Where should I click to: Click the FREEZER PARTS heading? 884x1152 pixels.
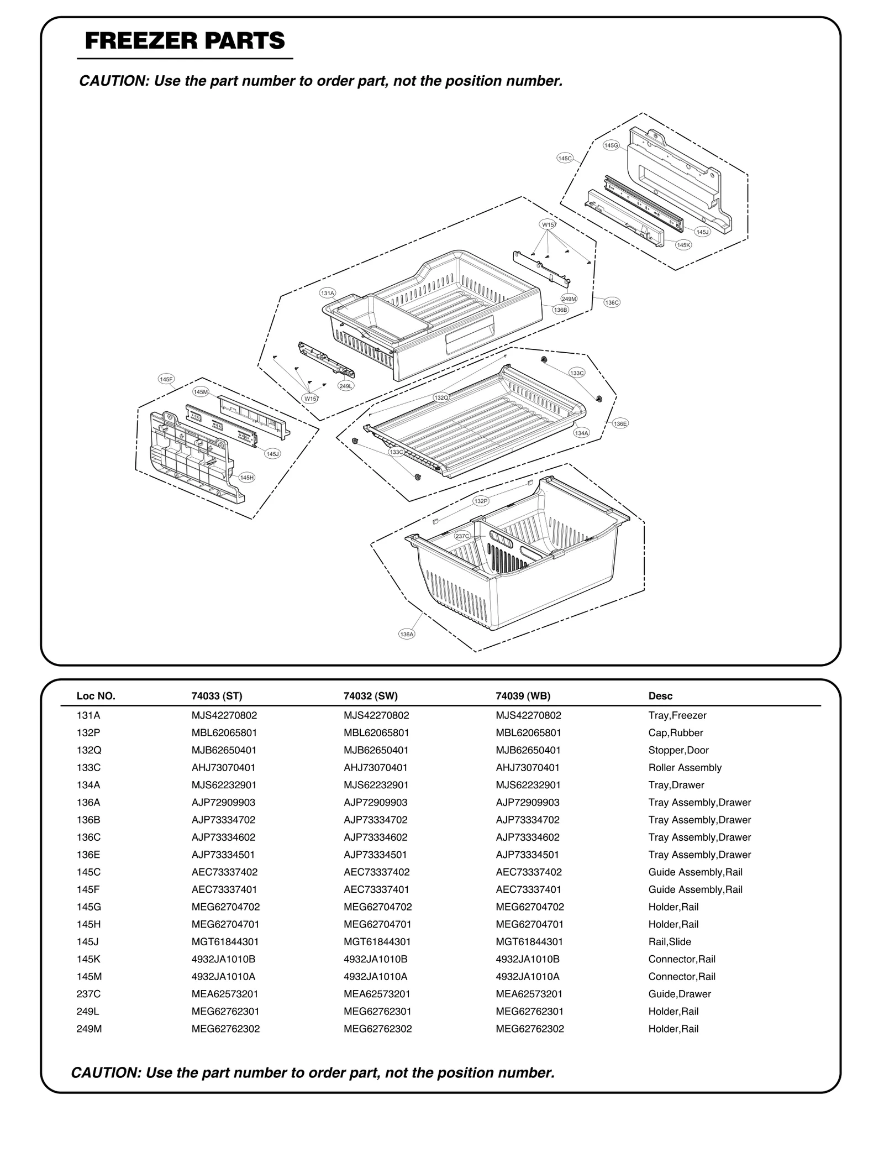pyautogui.click(x=185, y=41)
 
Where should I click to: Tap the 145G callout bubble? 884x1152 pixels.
pyautogui.click(x=611, y=145)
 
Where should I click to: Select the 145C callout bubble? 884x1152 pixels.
pyautogui.click(x=565, y=158)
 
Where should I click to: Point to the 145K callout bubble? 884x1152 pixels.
pyautogui.click(x=683, y=245)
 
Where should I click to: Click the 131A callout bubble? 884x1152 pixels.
pyautogui.click(x=328, y=293)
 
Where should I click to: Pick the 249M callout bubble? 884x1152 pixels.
pyautogui.click(x=569, y=299)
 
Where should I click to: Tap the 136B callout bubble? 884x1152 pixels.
pyautogui.click(x=560, y=310)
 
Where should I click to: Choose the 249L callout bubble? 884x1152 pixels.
pyautogui.click(x=346, y=386)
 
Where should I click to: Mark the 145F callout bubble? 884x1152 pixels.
pyautogui.click(x=166, y=379)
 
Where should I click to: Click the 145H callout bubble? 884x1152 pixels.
pyautogui.click(x=247, y=478)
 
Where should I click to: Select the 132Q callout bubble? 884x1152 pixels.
pyautogui.click(x=441, y=397)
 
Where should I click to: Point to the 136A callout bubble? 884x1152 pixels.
pyautogui.click(x=406, y=634)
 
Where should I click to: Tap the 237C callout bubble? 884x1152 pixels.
pyautogui.click(x=462, y=536)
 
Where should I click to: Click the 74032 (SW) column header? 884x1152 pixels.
pyautogui.click(x=370, y=696)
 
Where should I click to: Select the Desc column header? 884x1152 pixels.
pyautogui.click(x=660, y=696)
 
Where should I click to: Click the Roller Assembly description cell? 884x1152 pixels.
pyautogui.click(x=685, y=767)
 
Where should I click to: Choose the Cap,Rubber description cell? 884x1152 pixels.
pyautogui.click(x=675, y=732)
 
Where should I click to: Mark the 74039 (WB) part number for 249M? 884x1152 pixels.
pyautogui.click(x=530, y=1029)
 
